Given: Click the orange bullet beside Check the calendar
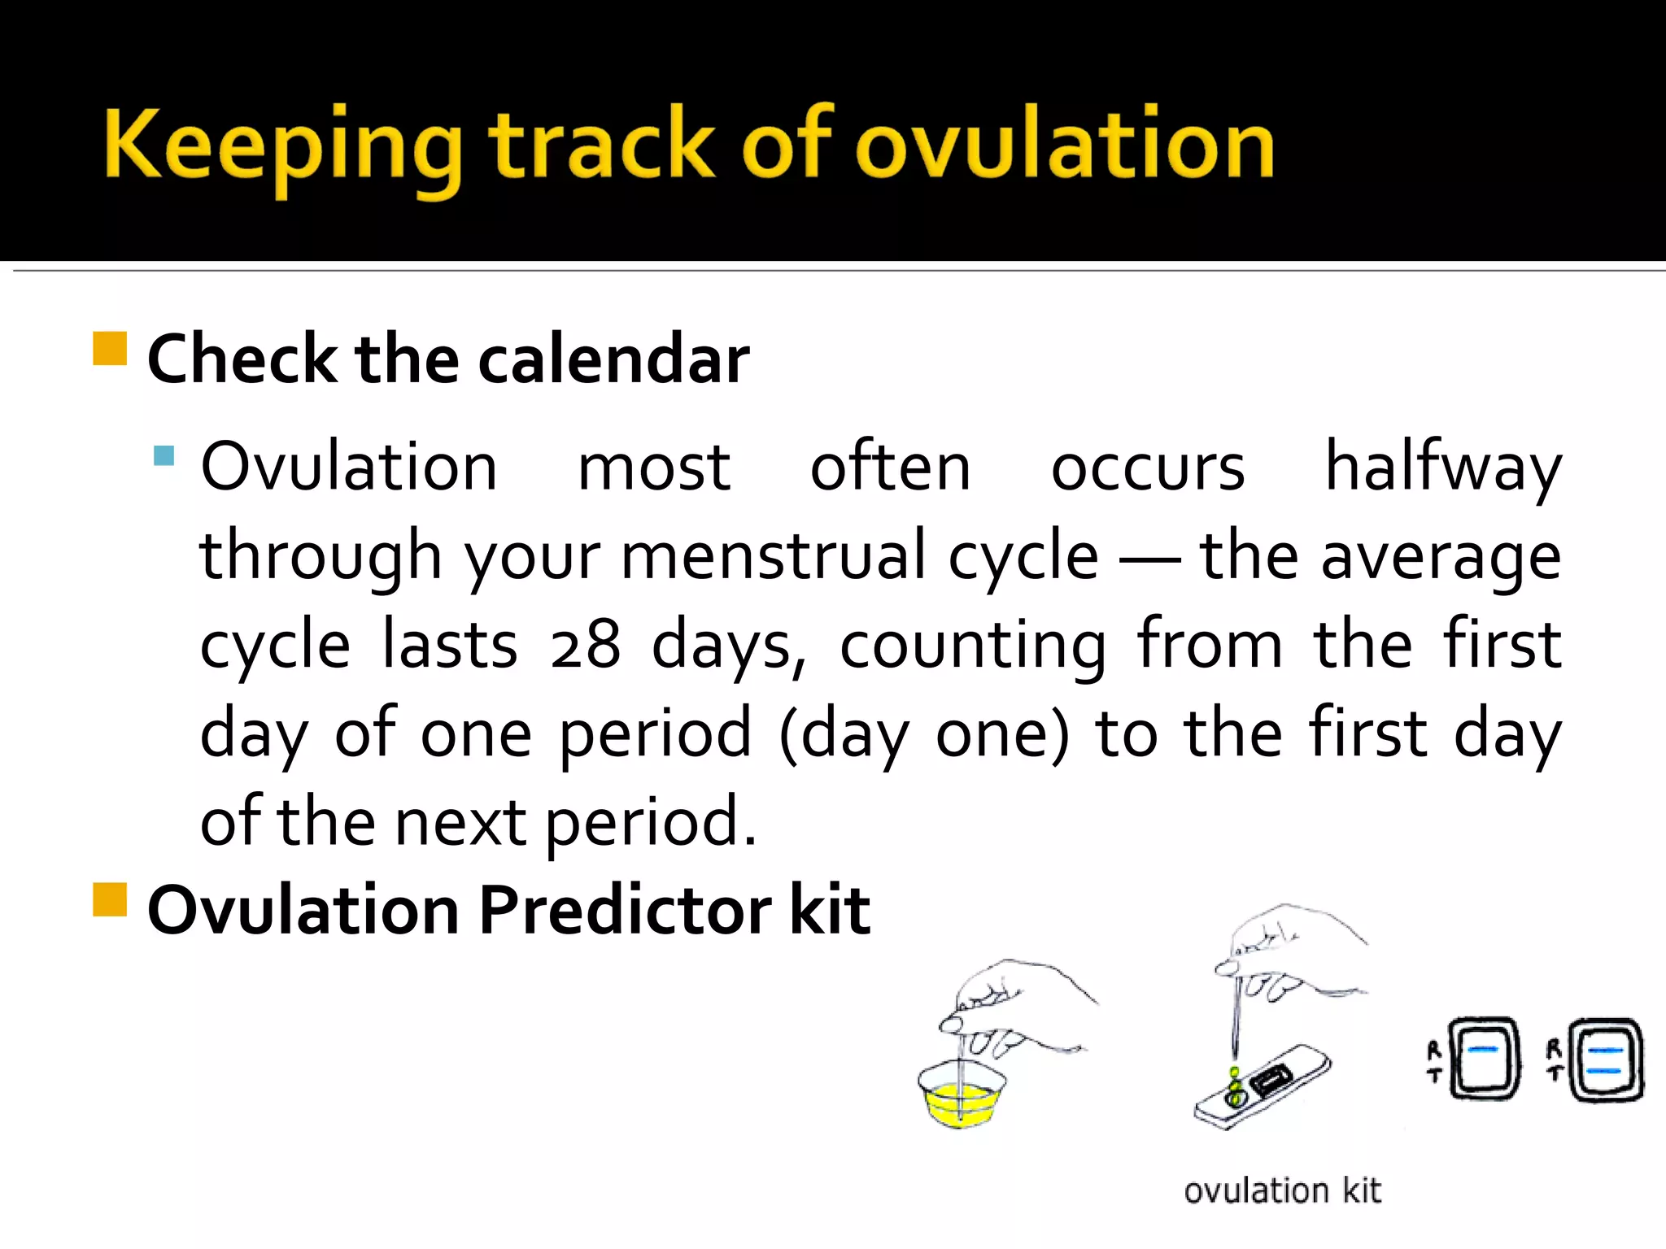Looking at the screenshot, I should (x=110, y=349).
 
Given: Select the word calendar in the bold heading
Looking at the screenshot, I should (x=613, y=359).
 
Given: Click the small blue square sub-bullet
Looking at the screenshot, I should (x=164, y=455).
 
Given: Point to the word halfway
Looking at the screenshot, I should (x=1442, y=469).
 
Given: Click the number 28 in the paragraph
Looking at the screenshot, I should (x=584, y=646).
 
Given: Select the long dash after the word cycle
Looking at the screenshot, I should (x=1149, y=559).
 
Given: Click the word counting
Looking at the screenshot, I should (x=972, y=646).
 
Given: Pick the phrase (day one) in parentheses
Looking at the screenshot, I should (x=923, y=734).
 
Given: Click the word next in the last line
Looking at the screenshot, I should (x=460, y=822).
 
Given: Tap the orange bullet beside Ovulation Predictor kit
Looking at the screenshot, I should (x=110, y=900).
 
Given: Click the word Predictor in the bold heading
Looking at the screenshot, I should (x=625, y=911).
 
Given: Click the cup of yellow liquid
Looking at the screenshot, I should (x=961, y=1098).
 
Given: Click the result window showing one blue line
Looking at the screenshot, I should (x=1485, y=1059).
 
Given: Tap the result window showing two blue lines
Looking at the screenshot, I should (x=1606, y=1060).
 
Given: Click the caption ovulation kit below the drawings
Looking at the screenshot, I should (x=1282, y=1191).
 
